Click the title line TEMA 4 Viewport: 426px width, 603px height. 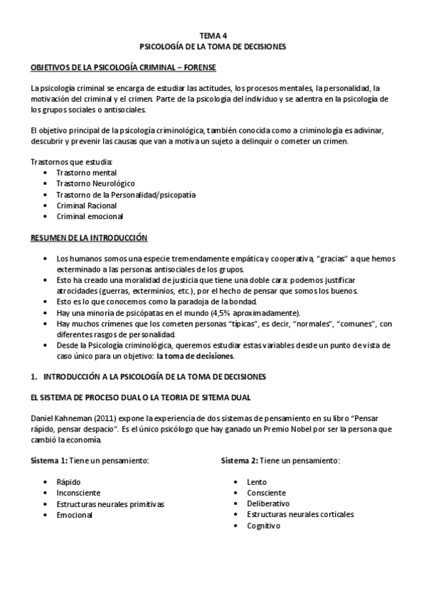pos(213,34)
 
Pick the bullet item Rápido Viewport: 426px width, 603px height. pos(69,482)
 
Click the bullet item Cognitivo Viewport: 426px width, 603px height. pos(264,525)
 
